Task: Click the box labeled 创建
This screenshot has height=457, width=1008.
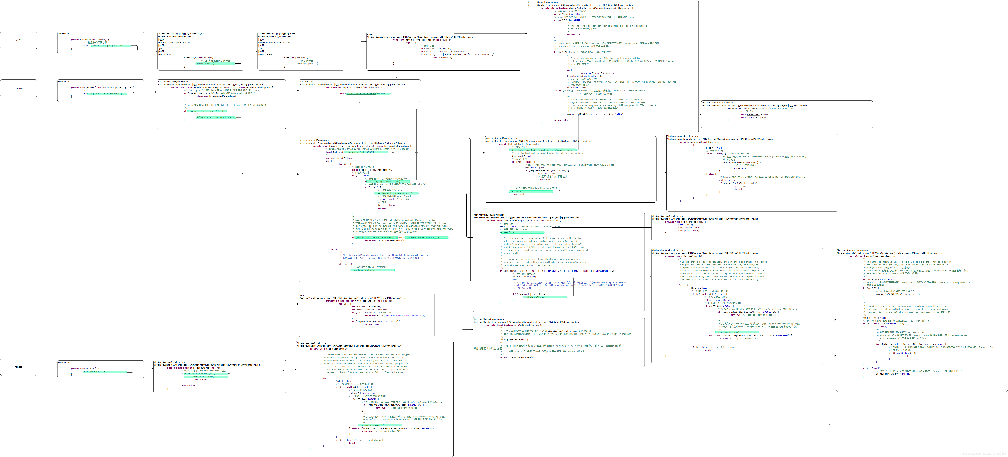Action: click(18, 40)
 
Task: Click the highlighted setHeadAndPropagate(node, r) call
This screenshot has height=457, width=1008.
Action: click(395, 193)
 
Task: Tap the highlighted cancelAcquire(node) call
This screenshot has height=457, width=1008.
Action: click(372, 270)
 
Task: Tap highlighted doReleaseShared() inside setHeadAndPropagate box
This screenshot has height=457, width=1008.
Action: click(544, 297)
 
